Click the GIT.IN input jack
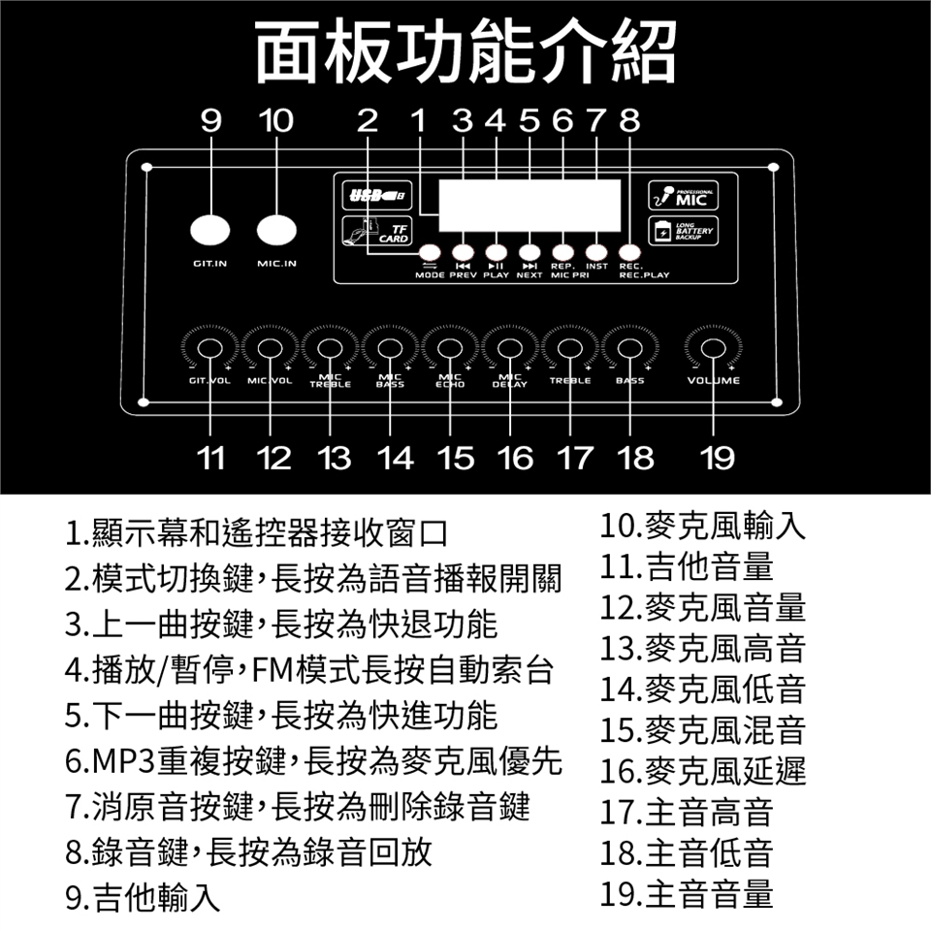(x=210, y=230)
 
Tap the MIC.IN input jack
(x=276, y=230)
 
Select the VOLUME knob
(x=714, y=349)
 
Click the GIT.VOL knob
(x=210, y=349)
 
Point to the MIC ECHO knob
(x=450, y=349)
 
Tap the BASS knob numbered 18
(x=629, y=349)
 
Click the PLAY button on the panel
(x=496, y=251)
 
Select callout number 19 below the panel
(x=718, y=457)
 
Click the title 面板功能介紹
(x=465, y=50)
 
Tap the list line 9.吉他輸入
(x=143, y=895)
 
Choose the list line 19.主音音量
(x=687, y=892)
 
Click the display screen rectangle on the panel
(x=529, y=205)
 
